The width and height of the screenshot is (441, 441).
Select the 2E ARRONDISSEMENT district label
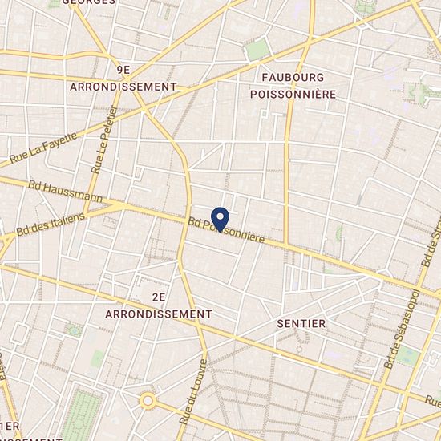159,305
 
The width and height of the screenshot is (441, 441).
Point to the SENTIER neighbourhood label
301,323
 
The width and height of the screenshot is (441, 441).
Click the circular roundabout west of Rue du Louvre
148,399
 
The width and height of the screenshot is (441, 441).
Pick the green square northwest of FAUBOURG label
257,51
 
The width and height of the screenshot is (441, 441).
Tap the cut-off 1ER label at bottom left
10,425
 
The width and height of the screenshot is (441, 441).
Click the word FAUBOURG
293,78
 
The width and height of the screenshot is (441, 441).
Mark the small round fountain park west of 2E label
74,329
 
